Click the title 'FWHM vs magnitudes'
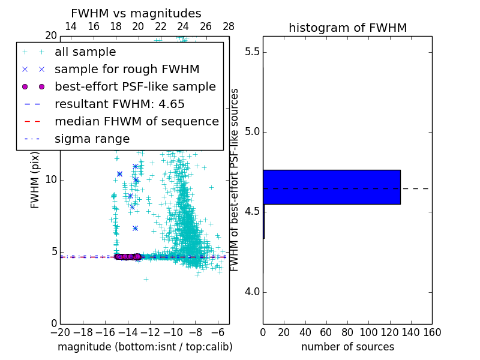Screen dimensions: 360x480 coord(136,13)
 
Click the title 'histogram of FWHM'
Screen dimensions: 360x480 coord(347,28)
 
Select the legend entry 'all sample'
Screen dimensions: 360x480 coord(85,52)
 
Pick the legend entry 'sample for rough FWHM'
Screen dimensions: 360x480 coord(127,69)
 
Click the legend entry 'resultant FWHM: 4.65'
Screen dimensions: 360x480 coord(119,104)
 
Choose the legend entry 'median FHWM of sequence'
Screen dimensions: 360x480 coord(136,121)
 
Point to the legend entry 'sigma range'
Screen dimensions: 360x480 coord(92,139)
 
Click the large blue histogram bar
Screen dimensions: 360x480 coord(331,187)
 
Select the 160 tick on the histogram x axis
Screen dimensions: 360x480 coord(432,332)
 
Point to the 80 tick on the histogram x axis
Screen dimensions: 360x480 coord(347,332)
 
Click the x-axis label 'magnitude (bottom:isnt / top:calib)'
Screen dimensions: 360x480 coord(145,347)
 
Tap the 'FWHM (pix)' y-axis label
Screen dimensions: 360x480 coord(35,179)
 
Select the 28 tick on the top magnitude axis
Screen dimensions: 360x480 coord(229,26)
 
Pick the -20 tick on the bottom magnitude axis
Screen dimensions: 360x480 coord(60,332)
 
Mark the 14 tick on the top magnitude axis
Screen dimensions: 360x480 coord(70,26)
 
